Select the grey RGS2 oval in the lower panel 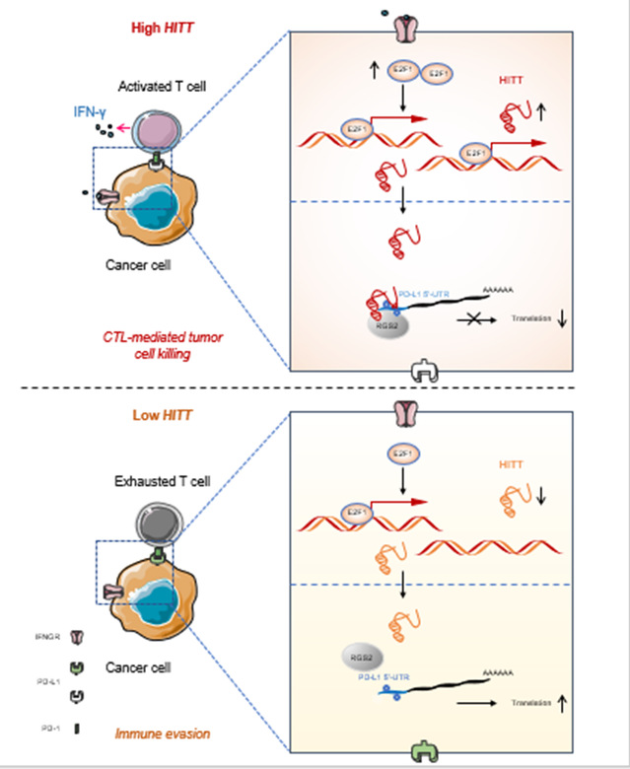pyautogui.click(x=361, y=655)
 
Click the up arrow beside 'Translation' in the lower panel pyautogui.click(x=561, y=704)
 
